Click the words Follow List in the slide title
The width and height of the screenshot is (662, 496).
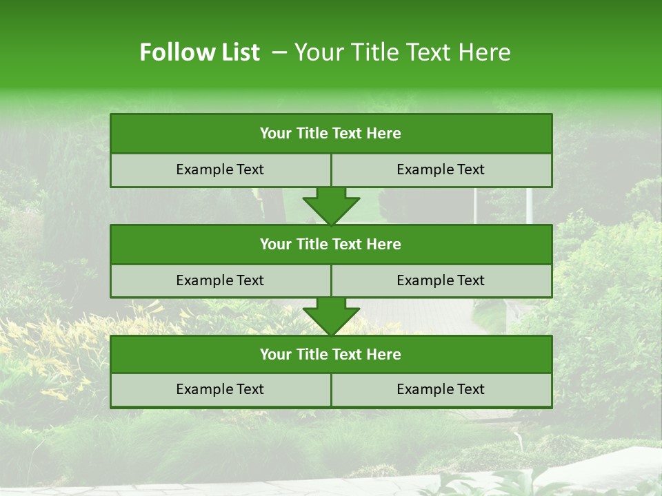[199, 52]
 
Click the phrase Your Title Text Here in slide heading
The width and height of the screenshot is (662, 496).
[402, 52]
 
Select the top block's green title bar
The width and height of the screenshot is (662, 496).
[331, 134]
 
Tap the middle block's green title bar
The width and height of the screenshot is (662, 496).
[331, 244]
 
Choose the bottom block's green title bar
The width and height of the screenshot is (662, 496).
[331, 354]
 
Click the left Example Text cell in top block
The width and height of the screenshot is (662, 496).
[220, 169]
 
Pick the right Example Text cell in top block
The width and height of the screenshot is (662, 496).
[441, 169]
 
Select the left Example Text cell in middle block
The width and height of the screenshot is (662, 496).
[220, 280]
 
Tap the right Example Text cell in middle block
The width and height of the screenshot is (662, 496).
[441, 280]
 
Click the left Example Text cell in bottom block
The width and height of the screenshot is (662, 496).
[220, 389]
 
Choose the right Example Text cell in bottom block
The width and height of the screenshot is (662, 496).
[441, 389]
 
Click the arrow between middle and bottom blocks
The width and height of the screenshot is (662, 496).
[331, 316]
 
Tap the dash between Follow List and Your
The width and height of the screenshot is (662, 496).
[279, 52]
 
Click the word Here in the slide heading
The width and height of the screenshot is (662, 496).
[486, 52]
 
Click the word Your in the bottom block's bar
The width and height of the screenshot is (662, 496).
[275, 354]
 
